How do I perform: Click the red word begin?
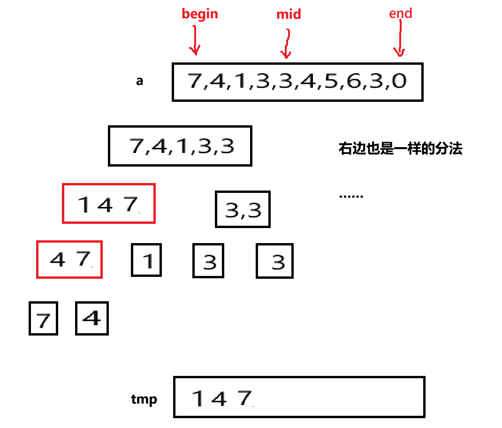(x=200, y=14)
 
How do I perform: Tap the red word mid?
(x=289, y=15)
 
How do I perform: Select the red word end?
(x=400, y=13)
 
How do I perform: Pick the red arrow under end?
(x=399, y=41)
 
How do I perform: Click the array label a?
(x=139, y=81)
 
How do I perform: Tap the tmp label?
(x=144, y=399)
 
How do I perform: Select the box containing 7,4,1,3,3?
(x=180, y=145)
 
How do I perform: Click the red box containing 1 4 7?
(x=108, y=204)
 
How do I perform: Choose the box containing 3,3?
(x=243, y=209)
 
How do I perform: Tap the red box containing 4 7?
(x=69, y=259)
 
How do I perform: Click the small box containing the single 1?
(x=146, y=260)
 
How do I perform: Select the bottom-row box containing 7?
(x=43, y=319)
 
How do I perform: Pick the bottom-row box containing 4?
(x=92, y=318)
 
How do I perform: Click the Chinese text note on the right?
(x=400, y=149)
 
